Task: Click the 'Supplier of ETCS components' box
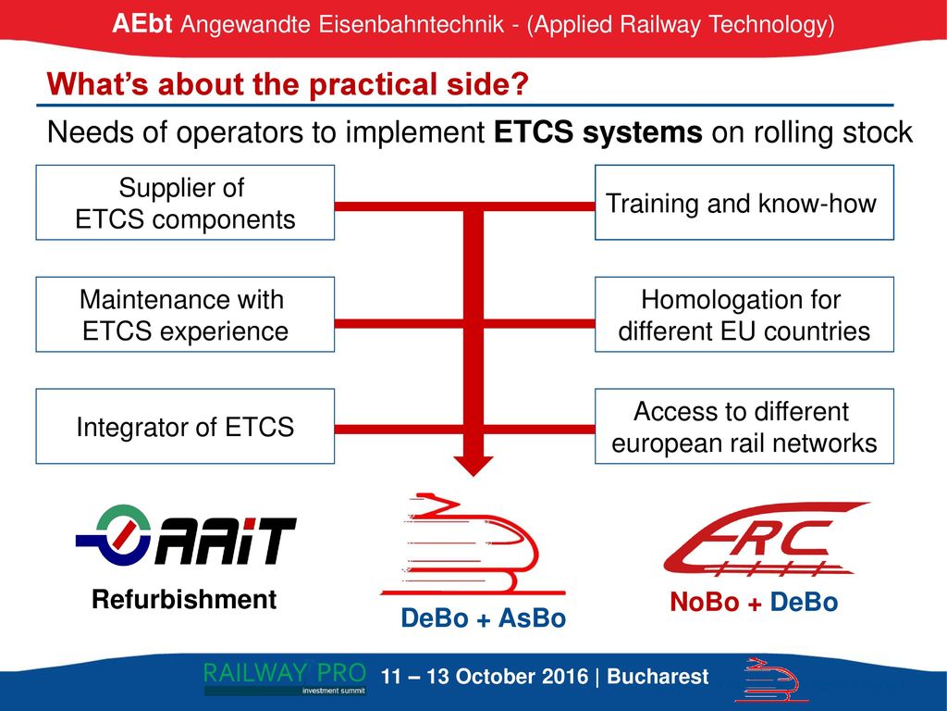[x=185, y=203]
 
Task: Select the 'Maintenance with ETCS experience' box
[x=185, y=315]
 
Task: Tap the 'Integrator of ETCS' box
[x=185, y=426]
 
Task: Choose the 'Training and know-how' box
[x=744, y=203]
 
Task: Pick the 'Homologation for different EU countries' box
[x=744, y=315]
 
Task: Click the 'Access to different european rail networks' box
[x=744, y=426]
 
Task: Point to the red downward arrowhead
[x=473, y=466]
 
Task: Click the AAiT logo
[x=186, y=536]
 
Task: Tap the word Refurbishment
[x=184, y=600]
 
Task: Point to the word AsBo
[x=532, y=618]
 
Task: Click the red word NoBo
[x=705, y=602]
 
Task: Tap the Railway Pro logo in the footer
[x=285, y=679]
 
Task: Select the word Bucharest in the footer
[x=658, y=677]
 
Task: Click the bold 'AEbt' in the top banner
[x=141, y=24]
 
